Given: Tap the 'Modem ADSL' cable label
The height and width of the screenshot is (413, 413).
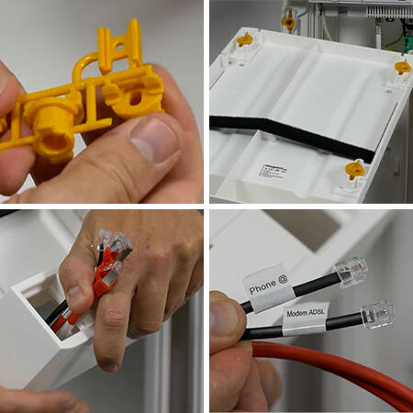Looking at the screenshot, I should point(307,314).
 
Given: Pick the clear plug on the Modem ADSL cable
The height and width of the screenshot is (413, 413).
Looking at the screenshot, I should point(377,314).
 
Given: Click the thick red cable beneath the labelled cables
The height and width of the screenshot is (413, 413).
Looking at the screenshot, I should point(349,372).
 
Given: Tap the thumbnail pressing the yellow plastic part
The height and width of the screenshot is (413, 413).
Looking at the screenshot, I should point(153,140).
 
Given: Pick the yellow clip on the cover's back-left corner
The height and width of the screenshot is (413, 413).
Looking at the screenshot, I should point(245,39).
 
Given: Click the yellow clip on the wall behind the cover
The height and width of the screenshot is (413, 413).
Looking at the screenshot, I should point(289,20).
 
